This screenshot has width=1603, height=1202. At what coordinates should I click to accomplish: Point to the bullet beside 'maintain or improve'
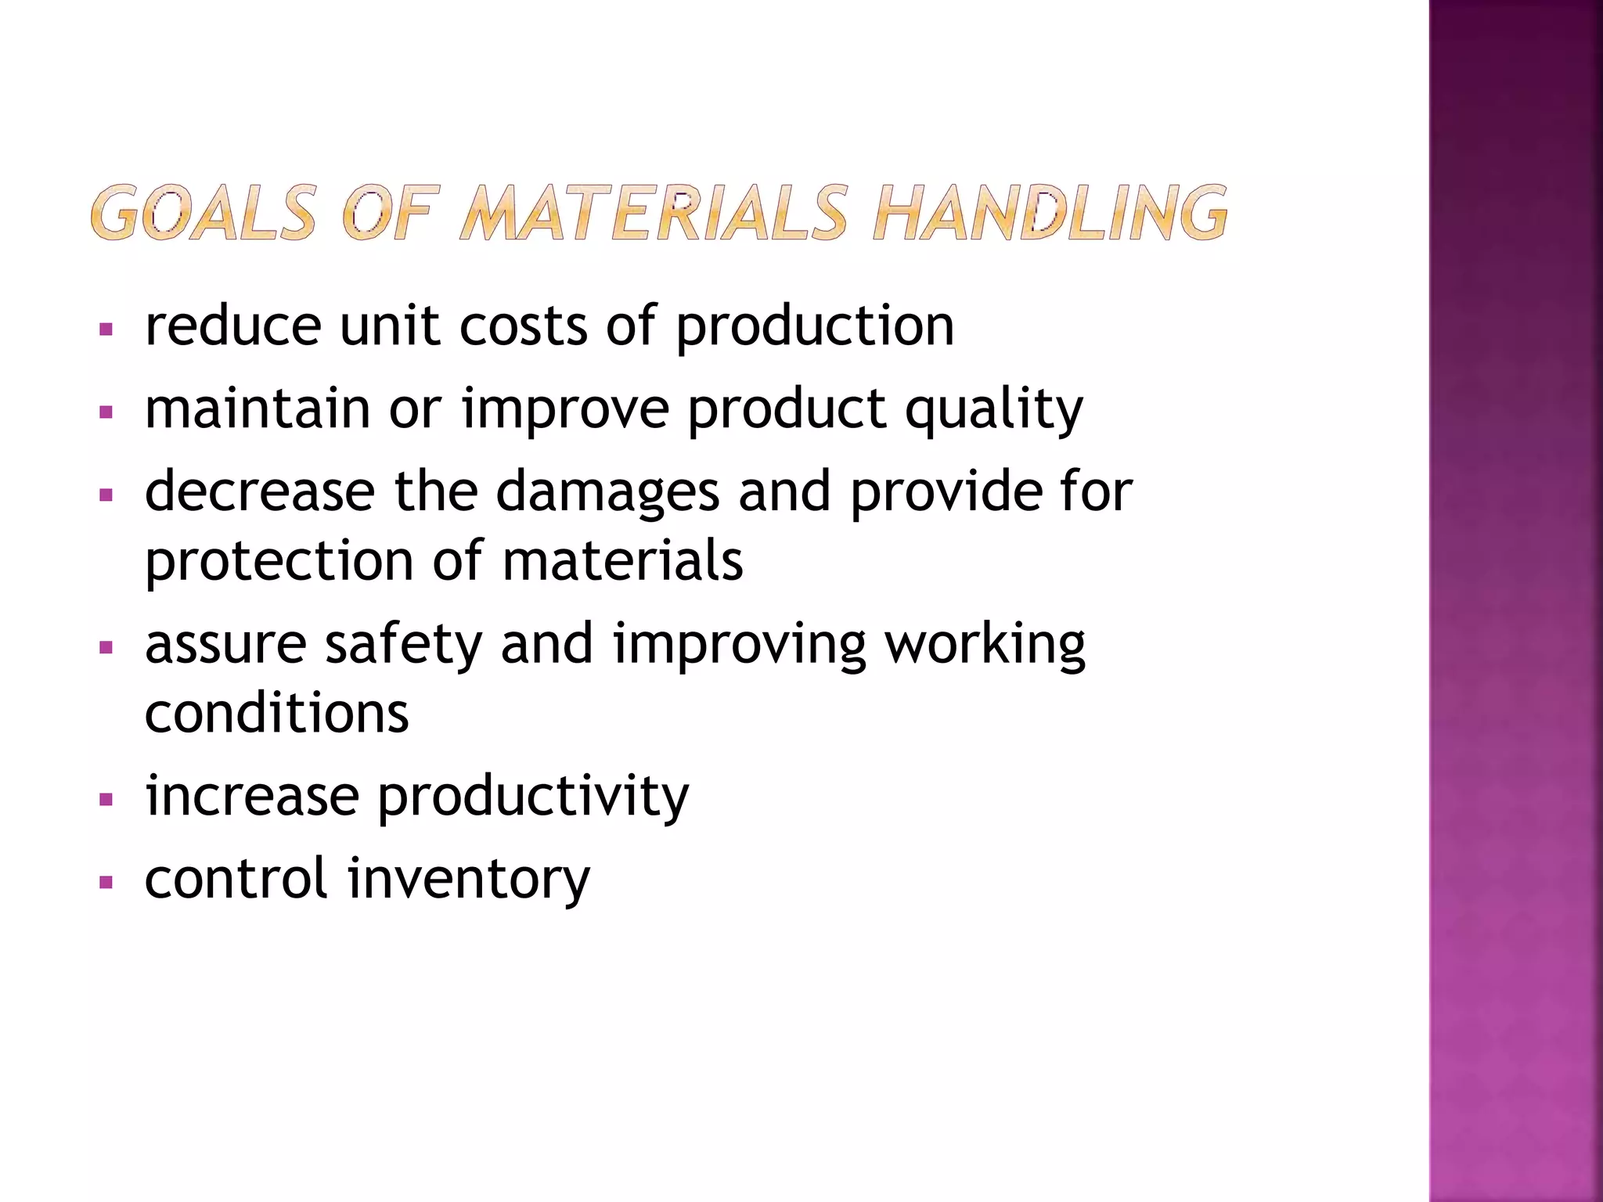(107, 412)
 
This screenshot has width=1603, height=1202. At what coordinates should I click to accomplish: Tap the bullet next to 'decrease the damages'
(107, 495)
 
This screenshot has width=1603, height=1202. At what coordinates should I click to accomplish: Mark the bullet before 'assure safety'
(107, 647)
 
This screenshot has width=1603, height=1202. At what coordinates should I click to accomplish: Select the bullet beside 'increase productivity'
(107, 800)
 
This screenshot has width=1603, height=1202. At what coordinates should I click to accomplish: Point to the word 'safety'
(404, 646)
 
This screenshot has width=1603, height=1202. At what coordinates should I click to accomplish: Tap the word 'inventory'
(469, 880)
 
